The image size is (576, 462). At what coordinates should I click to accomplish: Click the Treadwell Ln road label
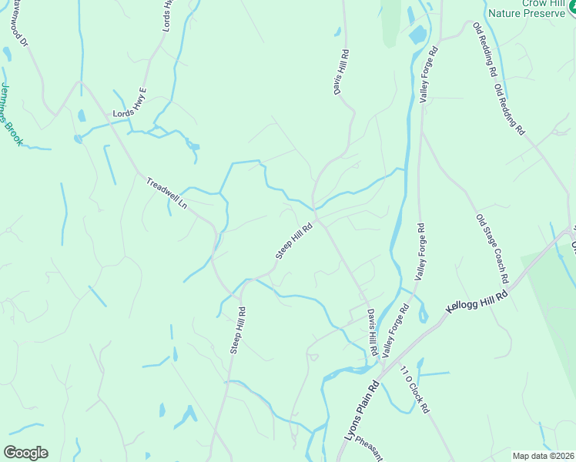(x=167, y=193)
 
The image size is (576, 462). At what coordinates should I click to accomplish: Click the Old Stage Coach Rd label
(x=493, y=248)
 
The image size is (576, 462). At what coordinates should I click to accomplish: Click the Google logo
(x=25, y=453)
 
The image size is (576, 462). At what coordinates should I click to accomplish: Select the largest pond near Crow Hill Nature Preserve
(x=417, y=35)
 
